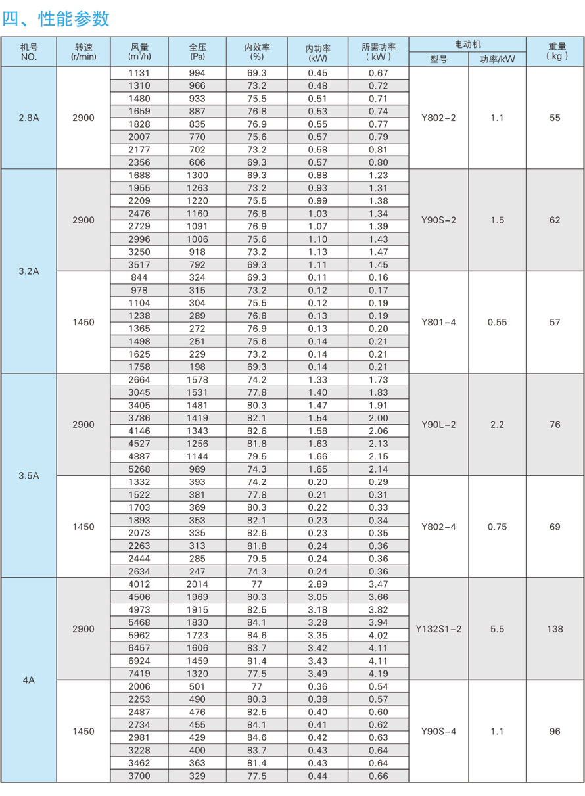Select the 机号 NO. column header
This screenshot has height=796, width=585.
click(28, 52)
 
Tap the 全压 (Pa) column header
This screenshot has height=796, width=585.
click(197, 52)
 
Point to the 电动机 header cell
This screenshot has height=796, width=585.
click(467, 44)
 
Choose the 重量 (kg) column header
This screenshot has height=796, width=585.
click(556, 52)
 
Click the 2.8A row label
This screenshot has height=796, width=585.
click(28, 118)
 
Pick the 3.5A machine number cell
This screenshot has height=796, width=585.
click(28, 475)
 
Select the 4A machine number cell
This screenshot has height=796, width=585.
click(28, 680)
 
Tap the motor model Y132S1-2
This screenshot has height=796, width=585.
click(438, 629)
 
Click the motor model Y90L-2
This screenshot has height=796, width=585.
click(438, 425)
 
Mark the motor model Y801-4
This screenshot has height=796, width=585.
click(438, 322)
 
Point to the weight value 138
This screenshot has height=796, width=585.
click(555, 629)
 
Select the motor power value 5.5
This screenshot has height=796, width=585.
click(497, 629)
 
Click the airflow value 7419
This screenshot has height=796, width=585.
click(139, 674)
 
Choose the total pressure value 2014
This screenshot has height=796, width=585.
click(197, 584)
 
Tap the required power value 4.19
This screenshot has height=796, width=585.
click(378, 674)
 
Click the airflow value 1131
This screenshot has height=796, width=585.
click(139, 73)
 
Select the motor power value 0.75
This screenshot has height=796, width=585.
click(497, 527)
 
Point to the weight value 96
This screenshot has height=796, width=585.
click(555, 731)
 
